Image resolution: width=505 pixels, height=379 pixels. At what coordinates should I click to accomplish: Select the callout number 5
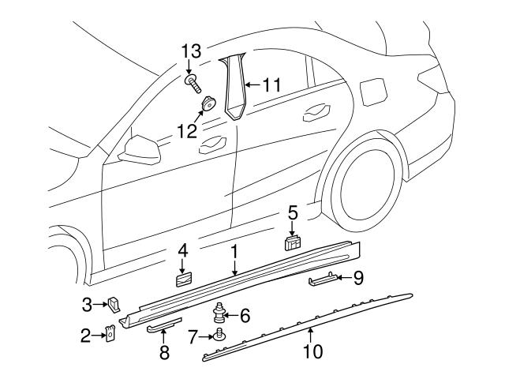click(x=292, y=213)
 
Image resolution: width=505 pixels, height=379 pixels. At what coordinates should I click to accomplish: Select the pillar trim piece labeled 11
click(x=234, y=87)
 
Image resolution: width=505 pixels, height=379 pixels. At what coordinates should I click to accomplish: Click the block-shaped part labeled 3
click(x=114, y=302)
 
